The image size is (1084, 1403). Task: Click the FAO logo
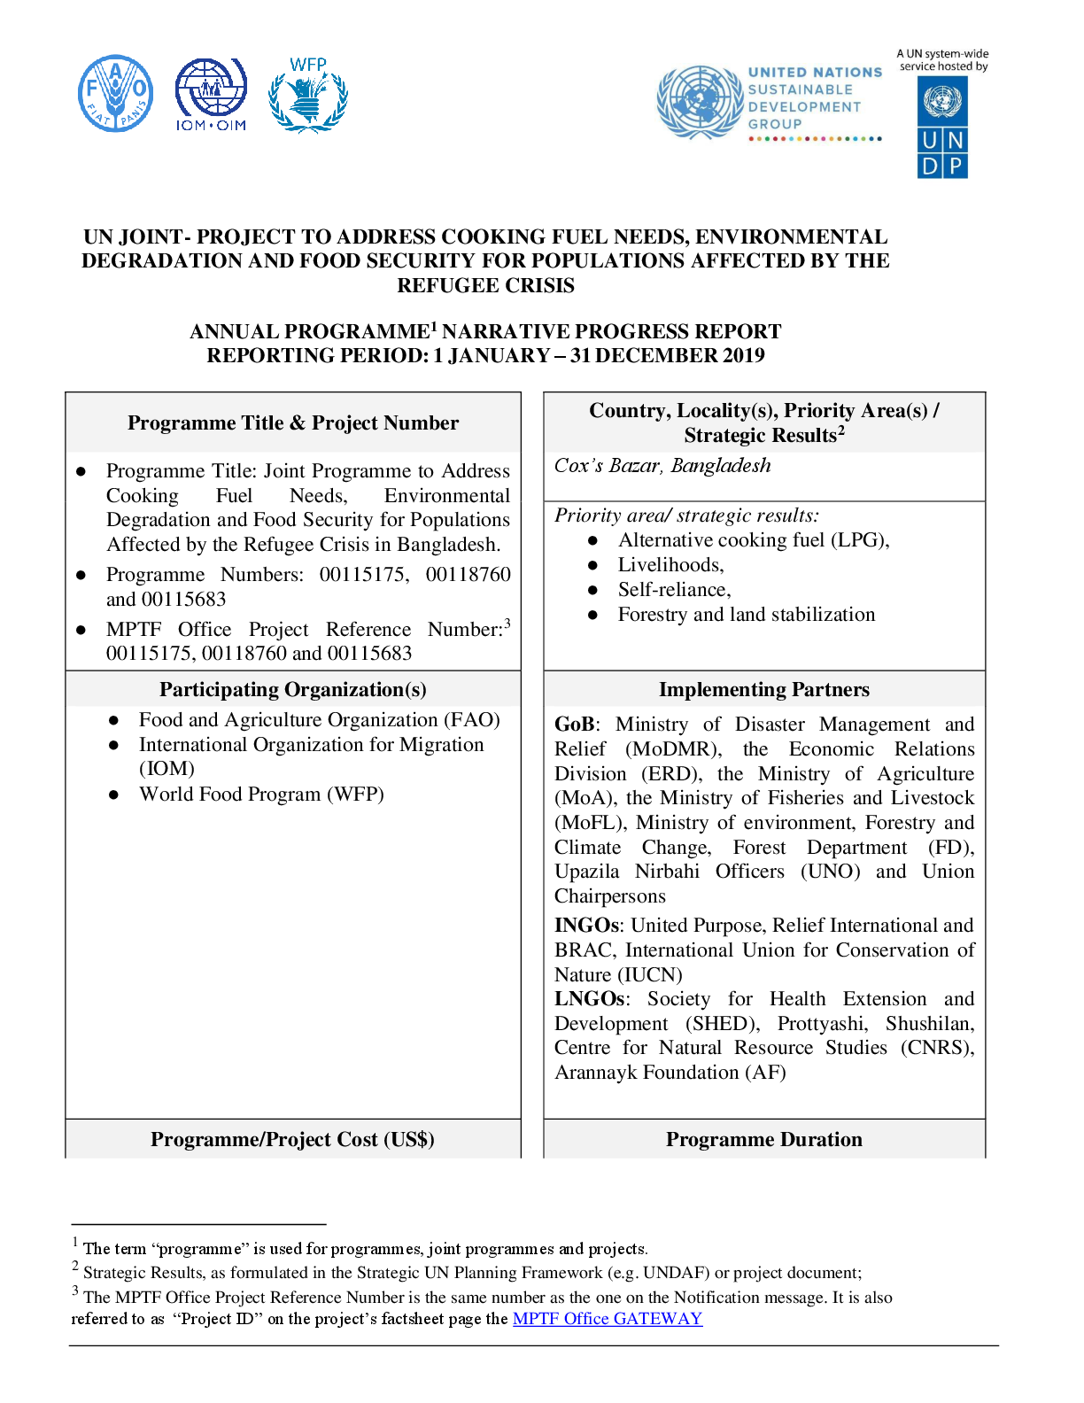point(115,94)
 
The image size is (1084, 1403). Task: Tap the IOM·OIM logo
point(211,94)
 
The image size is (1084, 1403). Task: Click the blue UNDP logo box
point(942,127)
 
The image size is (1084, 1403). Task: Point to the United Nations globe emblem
point(700,101)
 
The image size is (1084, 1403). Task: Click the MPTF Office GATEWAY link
point(608,1318)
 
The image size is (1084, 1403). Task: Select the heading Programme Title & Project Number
point(293,422)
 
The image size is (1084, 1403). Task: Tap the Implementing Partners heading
point(763,689)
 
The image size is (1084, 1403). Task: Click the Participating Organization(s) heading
point(293,689)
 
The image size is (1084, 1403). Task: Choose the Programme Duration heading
point(763,1139)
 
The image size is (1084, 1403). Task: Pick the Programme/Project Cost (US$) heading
point(292,1139)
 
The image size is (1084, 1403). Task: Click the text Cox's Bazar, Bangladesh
point(662,465)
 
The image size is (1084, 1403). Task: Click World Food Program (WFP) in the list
point(261,794)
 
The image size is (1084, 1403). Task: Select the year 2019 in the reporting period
point(741,355)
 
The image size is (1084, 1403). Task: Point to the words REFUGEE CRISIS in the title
point(485,285)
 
